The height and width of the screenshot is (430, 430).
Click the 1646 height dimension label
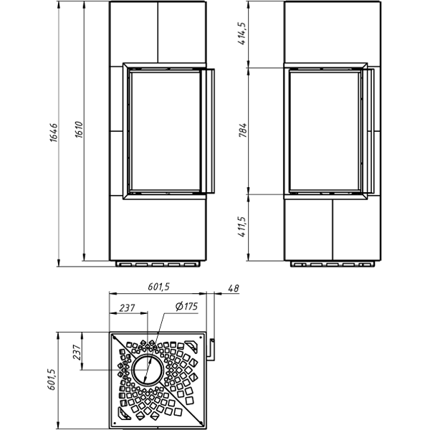[54, 133]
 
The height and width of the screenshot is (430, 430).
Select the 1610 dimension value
[79, 130]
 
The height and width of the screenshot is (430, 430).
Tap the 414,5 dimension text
[242, 34]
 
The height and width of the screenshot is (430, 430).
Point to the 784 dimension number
[242, 130]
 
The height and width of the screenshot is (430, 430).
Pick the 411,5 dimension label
[242, 226]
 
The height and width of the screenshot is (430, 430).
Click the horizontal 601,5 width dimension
[159, 287]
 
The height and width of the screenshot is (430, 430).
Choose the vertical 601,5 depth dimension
[52, 379]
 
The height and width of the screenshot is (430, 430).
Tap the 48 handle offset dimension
[234, 288]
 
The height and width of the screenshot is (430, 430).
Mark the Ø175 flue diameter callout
[186, 306]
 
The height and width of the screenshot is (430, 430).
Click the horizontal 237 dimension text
[127, 308]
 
